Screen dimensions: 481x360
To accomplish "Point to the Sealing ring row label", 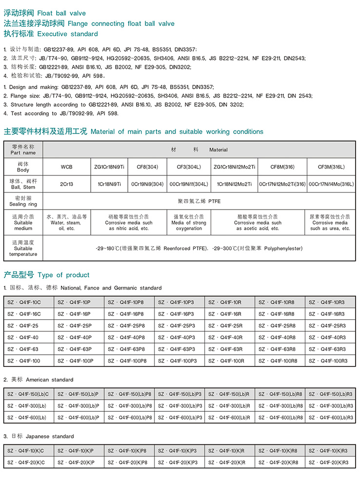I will [23, 201].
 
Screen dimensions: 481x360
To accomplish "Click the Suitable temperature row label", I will [23, 248].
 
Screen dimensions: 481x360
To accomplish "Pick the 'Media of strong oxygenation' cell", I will [189, 222].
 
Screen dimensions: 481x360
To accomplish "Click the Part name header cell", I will [23, 150].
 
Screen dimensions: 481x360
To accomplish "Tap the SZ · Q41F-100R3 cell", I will [330, 361].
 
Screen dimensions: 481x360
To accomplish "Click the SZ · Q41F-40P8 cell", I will [129, 337].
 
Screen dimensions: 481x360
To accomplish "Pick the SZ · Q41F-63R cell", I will [229, 349].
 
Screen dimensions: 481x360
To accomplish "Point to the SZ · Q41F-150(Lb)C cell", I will [29, 394].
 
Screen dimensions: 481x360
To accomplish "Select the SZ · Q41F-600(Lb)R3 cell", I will [330, 418].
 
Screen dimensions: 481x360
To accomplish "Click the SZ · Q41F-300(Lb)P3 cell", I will [180, 406].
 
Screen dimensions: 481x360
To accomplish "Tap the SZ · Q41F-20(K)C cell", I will [29, 462].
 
